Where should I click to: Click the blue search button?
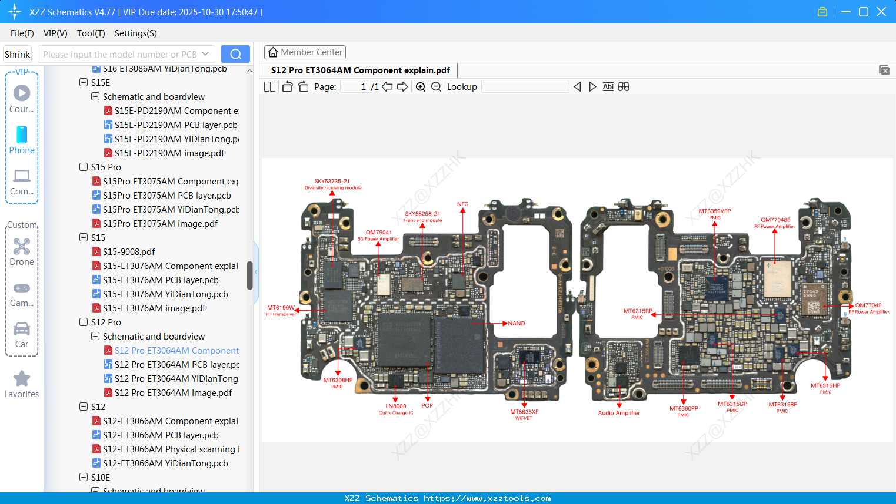pyautogui.click(x=235, y=54)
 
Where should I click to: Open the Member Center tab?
pyautogui.click(x=305, y=52)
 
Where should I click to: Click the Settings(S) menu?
pyautogui.click(x=135, y=33)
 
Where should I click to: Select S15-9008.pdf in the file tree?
pyautogui.click(x=128, y=252)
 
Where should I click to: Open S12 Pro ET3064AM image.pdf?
pyautogui.click(x=172, y=393)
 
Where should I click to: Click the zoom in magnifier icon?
pyautogui.click(x=421, y=87)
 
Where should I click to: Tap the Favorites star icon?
pyautogui.click(x=22, y=379)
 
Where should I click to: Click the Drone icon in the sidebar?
pyautogui.click(x=22, y=247)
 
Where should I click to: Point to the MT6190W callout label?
pyautogui.click(x=281, y=308)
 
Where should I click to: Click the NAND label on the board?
pyautogui.click(x=517, y=324)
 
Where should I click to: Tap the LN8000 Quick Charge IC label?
pyautogui.click(x=396, y=406)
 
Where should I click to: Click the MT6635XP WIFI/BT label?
pyautogui.click(x=524, y=412)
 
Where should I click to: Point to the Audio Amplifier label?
pyautogui.click(x=619, y=413)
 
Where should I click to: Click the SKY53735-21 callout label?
pyautogui.click(x=332, y=182)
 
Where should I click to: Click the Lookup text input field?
pyautogui.click(x=525, y=87)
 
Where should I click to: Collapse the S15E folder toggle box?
pyautogui.click(x=84, y=83)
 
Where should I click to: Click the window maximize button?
pyautogui.click(x=863, y=12)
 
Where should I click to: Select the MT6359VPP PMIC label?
pyautogui.click(x=715, y=211)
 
